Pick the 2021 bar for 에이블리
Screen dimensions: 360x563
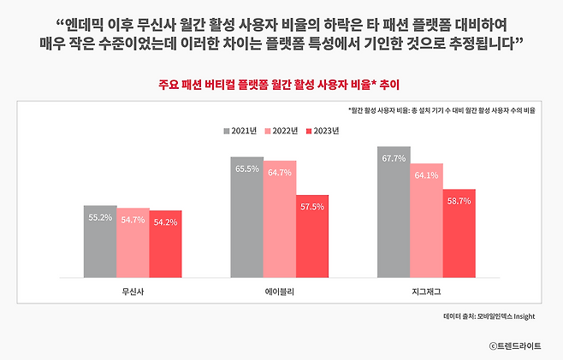pos(246,217)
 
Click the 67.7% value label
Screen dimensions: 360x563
pos(394,158)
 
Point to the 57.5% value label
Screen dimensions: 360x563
pos(312,207)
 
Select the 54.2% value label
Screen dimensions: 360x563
pos(165,222)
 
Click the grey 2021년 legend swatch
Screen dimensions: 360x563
pos(227,131)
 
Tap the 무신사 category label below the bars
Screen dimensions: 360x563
pos(133,292)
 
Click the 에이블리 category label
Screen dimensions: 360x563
pos(279,292)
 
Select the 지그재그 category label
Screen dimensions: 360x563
pos(426,292)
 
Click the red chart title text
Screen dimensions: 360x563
pos(281,85)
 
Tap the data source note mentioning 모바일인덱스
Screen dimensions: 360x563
pos(489,316)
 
